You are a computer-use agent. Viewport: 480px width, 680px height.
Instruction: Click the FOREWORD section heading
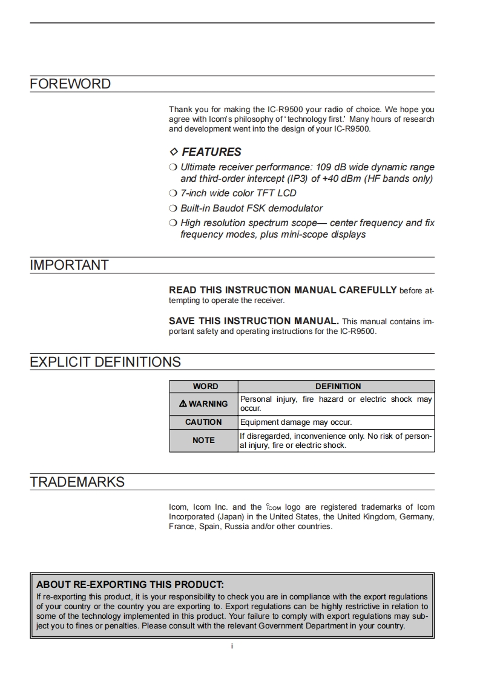tap(70, 84)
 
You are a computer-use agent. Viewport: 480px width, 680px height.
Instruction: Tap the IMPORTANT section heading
tap(69, 265)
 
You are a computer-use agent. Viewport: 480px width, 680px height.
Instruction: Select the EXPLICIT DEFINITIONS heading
tap(105, 362)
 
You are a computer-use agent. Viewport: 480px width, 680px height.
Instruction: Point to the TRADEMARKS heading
tap(77, 482)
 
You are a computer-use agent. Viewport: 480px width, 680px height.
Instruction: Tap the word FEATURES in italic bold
tap(211, 152)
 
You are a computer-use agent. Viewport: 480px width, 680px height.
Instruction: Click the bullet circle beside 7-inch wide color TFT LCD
tap(173, 193)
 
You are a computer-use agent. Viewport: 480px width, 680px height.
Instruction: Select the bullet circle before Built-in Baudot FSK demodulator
tap(173, 208)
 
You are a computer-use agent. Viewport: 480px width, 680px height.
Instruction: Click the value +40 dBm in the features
tap(332, 179)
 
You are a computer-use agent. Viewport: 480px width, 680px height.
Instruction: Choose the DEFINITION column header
tap(338, 386)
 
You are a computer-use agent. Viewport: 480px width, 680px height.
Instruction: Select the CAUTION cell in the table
tap(203, 422)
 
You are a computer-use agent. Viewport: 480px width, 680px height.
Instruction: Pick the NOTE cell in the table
tap(203, 441)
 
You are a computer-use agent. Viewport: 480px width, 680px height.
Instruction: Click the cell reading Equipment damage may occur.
tap(296, 422)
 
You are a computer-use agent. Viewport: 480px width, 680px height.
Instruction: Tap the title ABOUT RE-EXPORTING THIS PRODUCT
tap(130, 585)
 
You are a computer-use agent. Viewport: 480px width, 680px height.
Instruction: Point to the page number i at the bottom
tap(232, 646)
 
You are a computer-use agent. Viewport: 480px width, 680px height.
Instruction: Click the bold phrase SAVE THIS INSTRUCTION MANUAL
tap(254, 321)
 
